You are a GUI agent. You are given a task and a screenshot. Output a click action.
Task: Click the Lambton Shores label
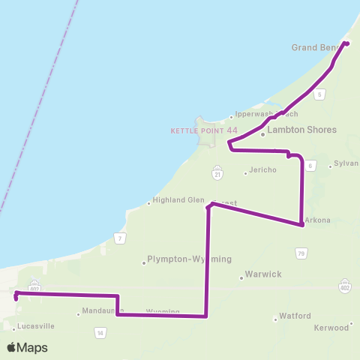point(302,130)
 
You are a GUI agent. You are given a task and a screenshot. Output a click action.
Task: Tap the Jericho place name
point(262,170)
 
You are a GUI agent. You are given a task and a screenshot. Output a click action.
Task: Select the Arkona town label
point(318,220)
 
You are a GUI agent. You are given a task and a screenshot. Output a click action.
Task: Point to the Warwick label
point(263,274)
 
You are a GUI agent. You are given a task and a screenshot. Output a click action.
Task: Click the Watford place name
point(295,316)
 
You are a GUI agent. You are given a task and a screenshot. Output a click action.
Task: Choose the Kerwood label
point(331,328)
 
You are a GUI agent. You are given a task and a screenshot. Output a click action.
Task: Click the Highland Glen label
point(178,200)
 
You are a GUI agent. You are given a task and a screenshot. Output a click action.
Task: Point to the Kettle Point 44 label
point(204,130)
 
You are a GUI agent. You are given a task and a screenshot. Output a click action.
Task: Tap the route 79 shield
point(301,254)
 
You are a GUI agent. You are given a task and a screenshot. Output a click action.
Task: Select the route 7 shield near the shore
point(119,238)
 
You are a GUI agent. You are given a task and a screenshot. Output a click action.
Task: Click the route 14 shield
point(100,331)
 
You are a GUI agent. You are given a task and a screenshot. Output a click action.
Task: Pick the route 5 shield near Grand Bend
point(319,94)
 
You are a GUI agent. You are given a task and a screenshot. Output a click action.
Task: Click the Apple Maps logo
point(27,347)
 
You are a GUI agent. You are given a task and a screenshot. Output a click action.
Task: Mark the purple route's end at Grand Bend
point(346,43)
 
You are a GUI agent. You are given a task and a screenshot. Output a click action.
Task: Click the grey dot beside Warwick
point(241,277)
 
